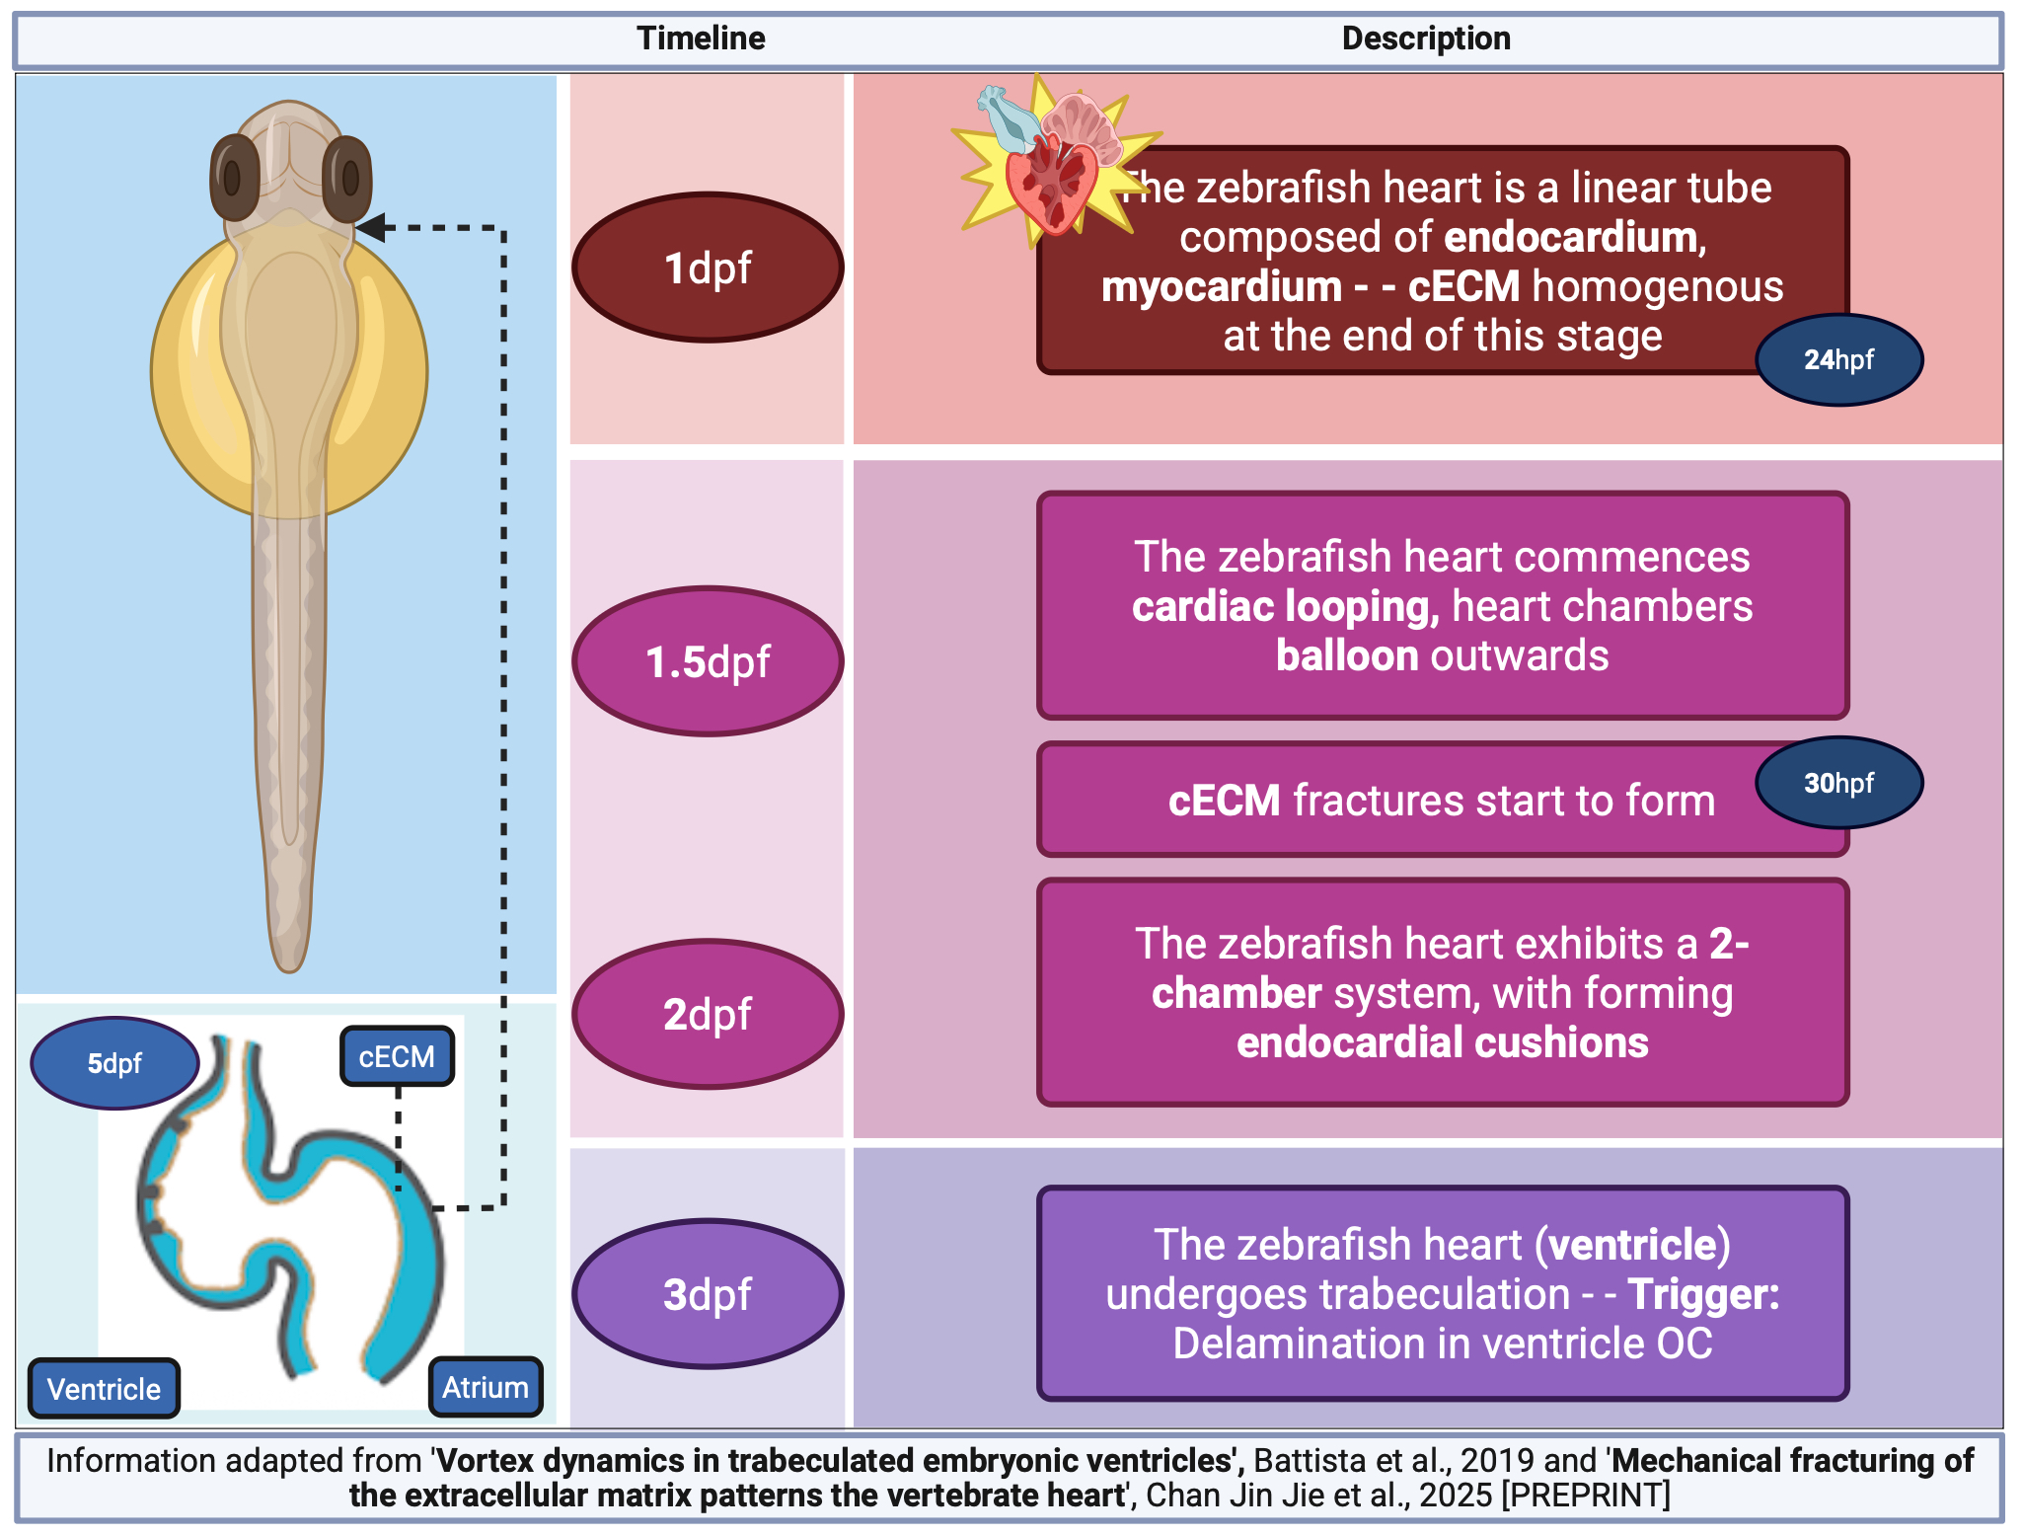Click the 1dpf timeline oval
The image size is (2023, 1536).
click(708, 268)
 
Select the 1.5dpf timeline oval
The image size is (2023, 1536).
click(708, 661)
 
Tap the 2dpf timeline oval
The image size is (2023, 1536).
click(708, 1014)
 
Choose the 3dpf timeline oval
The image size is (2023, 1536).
click(708, 1294)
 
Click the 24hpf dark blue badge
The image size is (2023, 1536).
click(1838, 359)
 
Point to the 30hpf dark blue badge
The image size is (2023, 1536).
click(1838, 783)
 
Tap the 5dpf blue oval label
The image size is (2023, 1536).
click(114, 1063)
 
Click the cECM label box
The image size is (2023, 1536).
click(397, 1056)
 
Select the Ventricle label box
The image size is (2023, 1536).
click(104, 1389)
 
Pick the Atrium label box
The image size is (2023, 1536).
click(485, 1387)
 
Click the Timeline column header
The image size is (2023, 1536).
click(701, 38)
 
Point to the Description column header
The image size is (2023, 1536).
click(1426, 38)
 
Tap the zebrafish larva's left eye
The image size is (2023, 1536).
click(234, 178)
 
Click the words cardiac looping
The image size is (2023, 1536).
click(1285, 606)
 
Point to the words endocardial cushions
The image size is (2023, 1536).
click(1442, 1042)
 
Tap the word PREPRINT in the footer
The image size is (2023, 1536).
click(1586, 1495)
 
